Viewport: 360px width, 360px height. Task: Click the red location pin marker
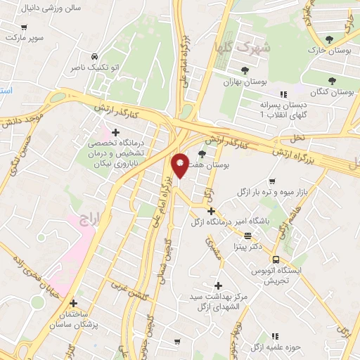point(180,165)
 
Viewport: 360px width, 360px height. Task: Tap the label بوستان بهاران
point(243,82)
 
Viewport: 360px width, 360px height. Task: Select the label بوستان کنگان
point(332,92)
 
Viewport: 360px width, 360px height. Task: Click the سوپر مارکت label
point(27,35)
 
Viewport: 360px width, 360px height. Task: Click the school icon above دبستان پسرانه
point(283,94)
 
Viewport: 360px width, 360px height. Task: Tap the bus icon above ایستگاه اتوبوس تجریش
point(276,259)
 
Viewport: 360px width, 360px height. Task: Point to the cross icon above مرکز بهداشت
point(218,285)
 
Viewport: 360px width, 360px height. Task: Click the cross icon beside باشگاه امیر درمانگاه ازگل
point(211,210)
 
